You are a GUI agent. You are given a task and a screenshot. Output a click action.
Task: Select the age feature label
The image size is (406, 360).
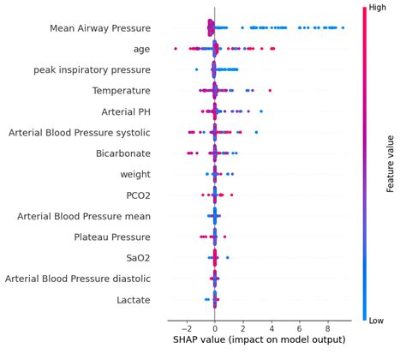coord(139,49)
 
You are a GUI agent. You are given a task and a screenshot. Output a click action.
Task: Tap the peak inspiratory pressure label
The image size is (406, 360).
coord(92,69)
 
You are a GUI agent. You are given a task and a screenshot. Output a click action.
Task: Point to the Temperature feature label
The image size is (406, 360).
coord(122,91)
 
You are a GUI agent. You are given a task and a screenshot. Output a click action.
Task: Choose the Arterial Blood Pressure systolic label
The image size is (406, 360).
coord(79,132)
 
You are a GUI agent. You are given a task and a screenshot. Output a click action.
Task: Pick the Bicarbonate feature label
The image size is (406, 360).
coord(122,153)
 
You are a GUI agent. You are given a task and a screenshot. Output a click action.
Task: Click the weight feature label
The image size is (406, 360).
coord(135,174)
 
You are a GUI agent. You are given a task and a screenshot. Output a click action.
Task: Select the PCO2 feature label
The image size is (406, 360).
coord(137,195)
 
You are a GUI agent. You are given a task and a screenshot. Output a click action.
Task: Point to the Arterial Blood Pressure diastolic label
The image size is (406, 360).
coord(78,279)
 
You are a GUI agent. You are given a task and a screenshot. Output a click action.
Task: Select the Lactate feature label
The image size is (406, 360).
coord(134,299)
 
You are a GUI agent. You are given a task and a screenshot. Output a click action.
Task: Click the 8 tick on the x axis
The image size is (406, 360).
coord(327,327)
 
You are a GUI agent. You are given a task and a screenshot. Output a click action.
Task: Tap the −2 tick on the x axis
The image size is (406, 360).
coord(185,327)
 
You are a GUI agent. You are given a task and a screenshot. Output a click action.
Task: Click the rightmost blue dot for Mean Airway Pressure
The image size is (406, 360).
coord(343,28)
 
